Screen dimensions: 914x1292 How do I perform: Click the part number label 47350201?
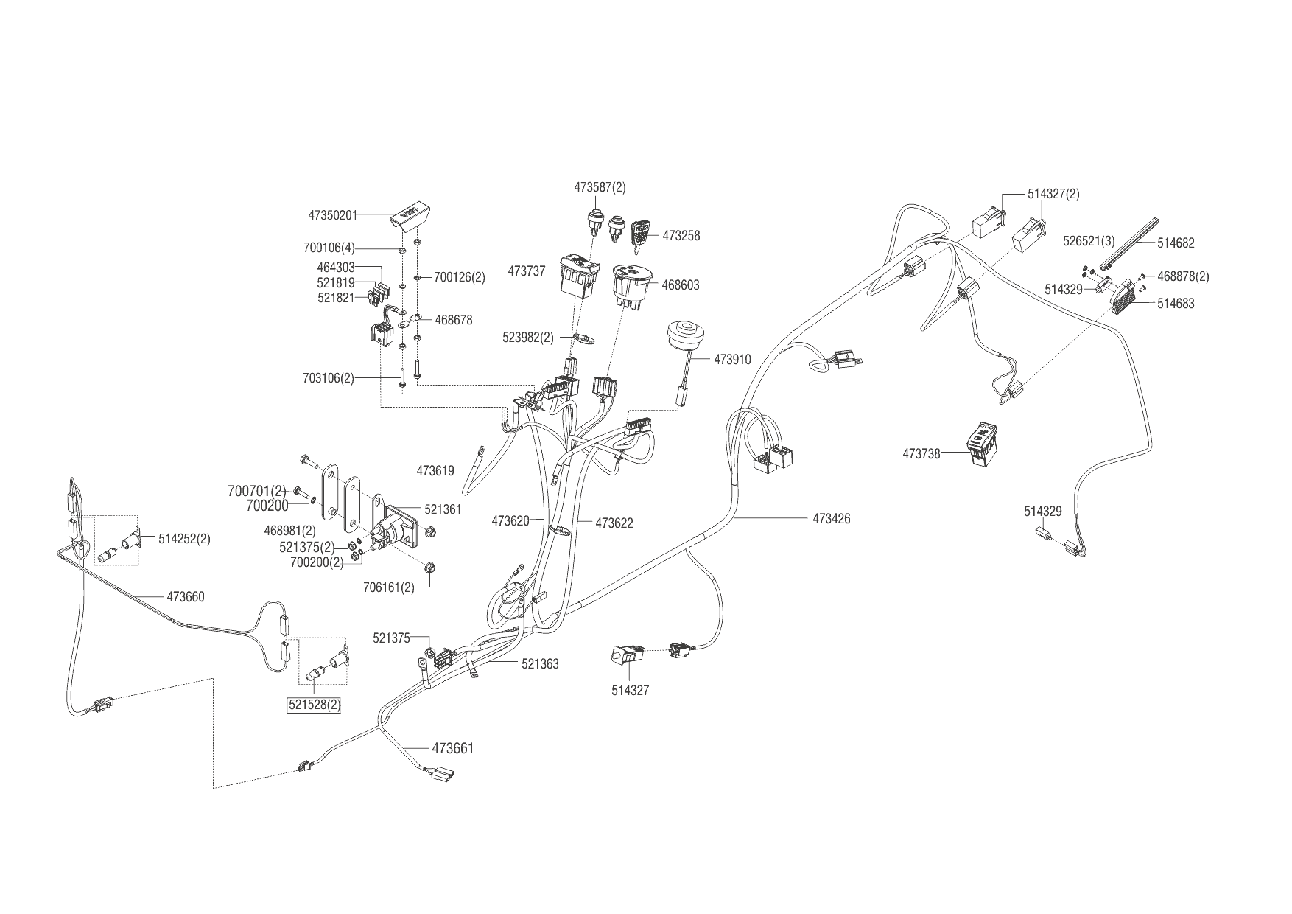coord(332,215)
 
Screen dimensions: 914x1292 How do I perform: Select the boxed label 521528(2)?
coord(315,705)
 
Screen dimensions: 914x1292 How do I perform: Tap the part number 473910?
coord(732,360)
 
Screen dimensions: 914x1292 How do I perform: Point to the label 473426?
coord(832,519)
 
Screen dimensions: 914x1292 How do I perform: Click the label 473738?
coord(921,454)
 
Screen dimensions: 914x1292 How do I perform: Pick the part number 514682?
coord(1176,243)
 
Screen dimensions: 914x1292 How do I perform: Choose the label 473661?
coord(452,749)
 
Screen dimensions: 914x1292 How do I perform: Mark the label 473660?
coord(186,597)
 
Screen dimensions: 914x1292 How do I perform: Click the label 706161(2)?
coord(389,587)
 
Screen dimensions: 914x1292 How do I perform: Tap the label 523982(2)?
coord(528,338)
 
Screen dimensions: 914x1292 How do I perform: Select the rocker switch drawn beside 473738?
coord(982,444)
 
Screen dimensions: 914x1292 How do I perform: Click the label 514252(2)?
coord(184,539)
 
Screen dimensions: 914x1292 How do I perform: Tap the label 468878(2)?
coord(1183,276)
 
